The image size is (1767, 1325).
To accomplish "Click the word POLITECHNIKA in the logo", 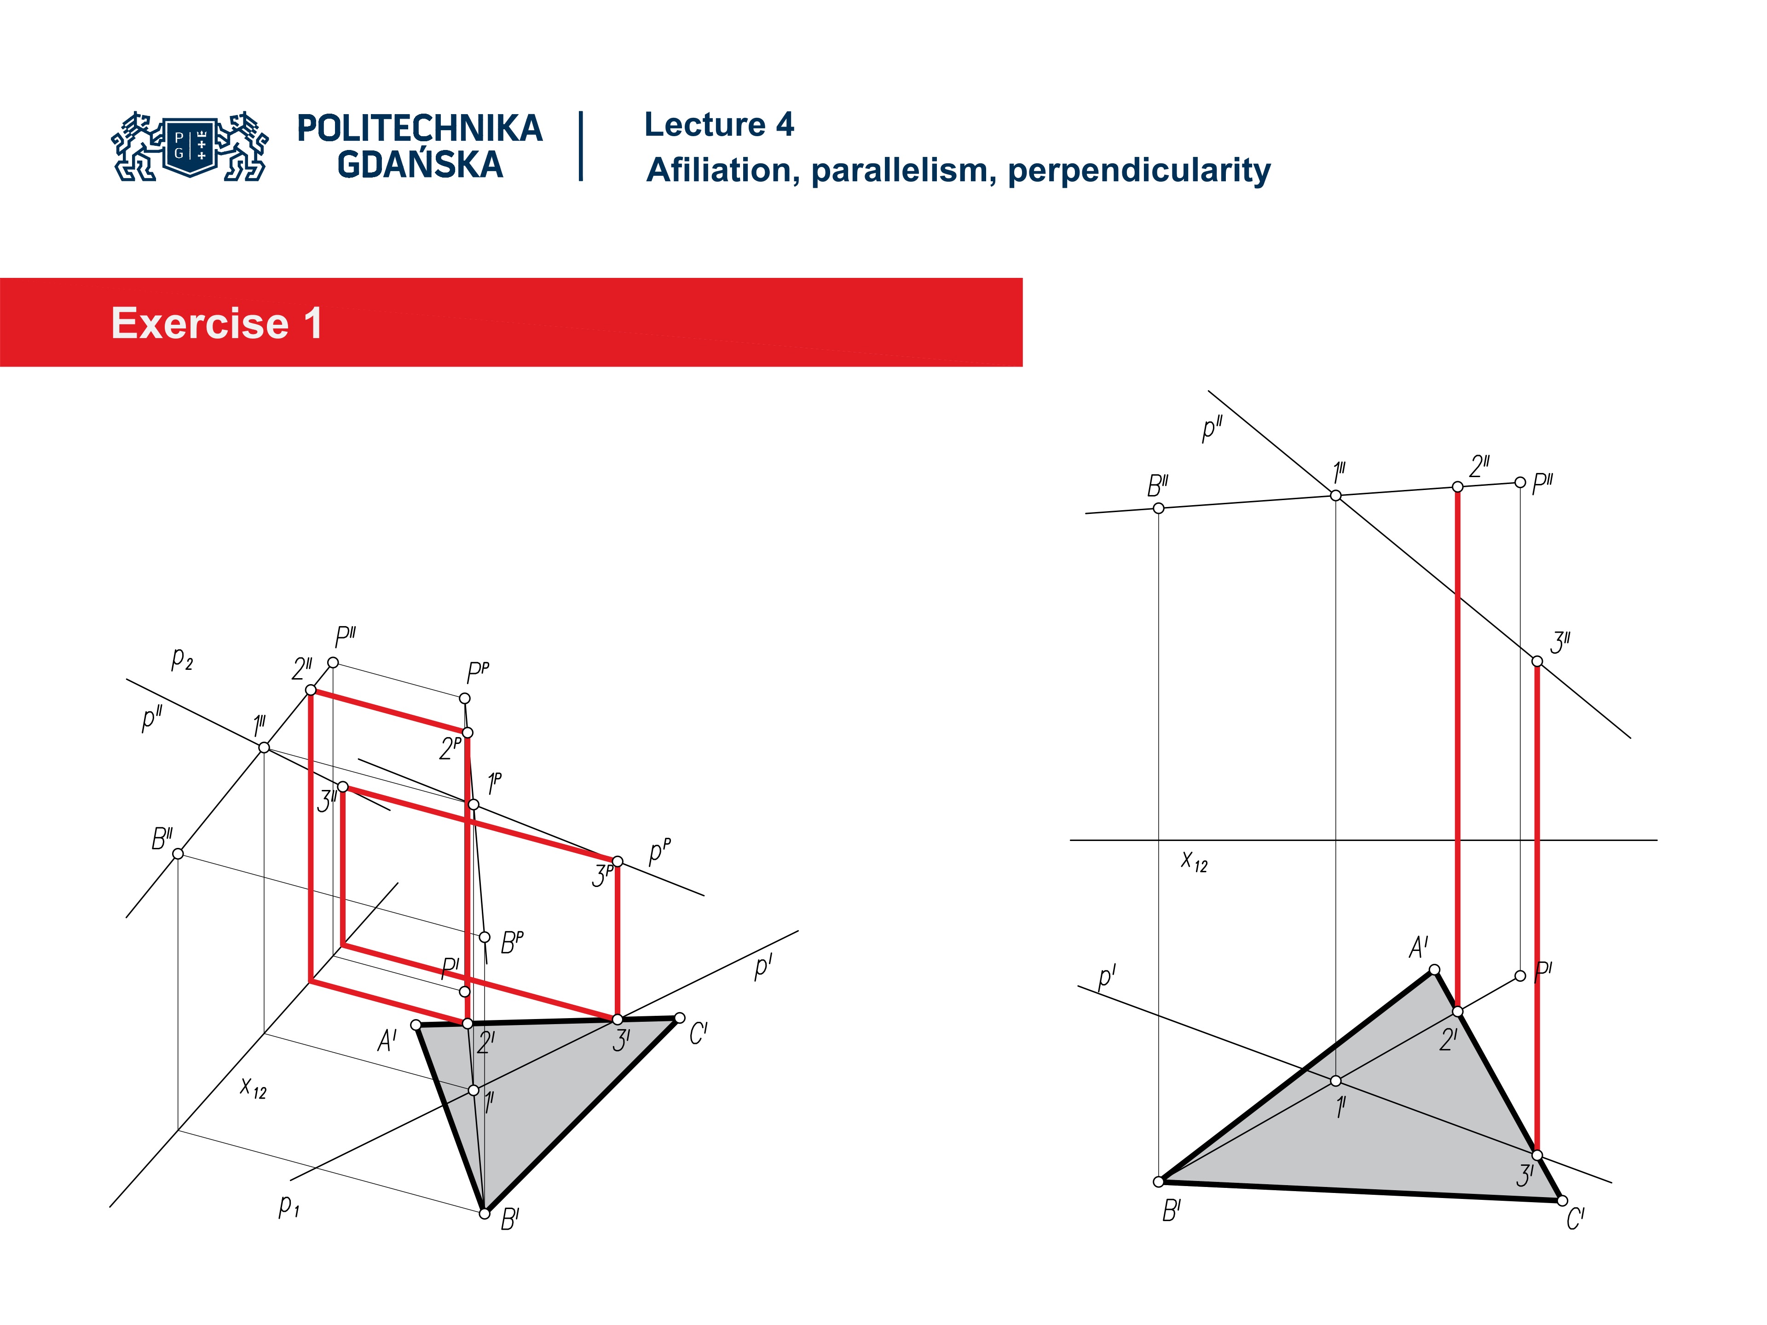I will click(x=419, y=128).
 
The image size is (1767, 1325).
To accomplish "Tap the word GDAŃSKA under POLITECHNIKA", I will click(x=419, y=165).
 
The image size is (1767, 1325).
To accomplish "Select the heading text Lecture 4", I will click(x=719, y=125).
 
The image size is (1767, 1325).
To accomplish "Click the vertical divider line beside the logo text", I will click(x=581, y=146).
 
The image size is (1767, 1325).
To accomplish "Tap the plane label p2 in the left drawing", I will click(x=182, y=659).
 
